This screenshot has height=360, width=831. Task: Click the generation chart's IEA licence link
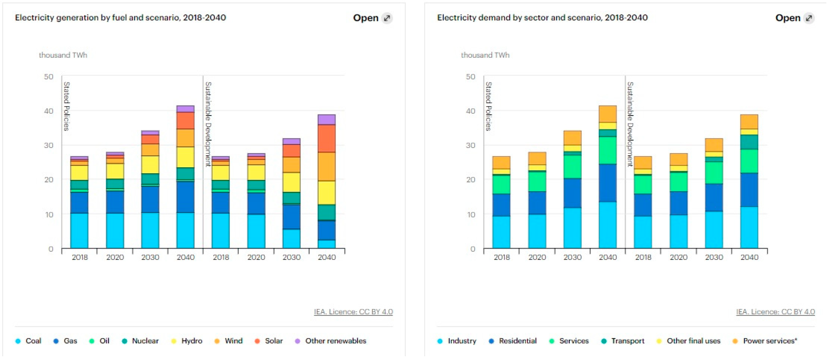click(353, 312)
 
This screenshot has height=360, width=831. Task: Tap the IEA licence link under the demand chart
click(775, 312)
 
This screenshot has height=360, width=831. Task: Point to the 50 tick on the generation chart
click(49, 77)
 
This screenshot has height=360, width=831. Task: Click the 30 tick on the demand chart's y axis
click(471, 145)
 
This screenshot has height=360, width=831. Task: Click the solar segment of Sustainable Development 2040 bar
click(327, 138)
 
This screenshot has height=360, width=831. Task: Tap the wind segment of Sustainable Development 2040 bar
click(327, 166)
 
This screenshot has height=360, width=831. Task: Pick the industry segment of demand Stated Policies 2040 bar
click(607, 225)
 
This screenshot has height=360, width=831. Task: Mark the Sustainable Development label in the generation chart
click(208, 124)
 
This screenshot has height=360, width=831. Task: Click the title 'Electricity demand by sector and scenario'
click(542, 17)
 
